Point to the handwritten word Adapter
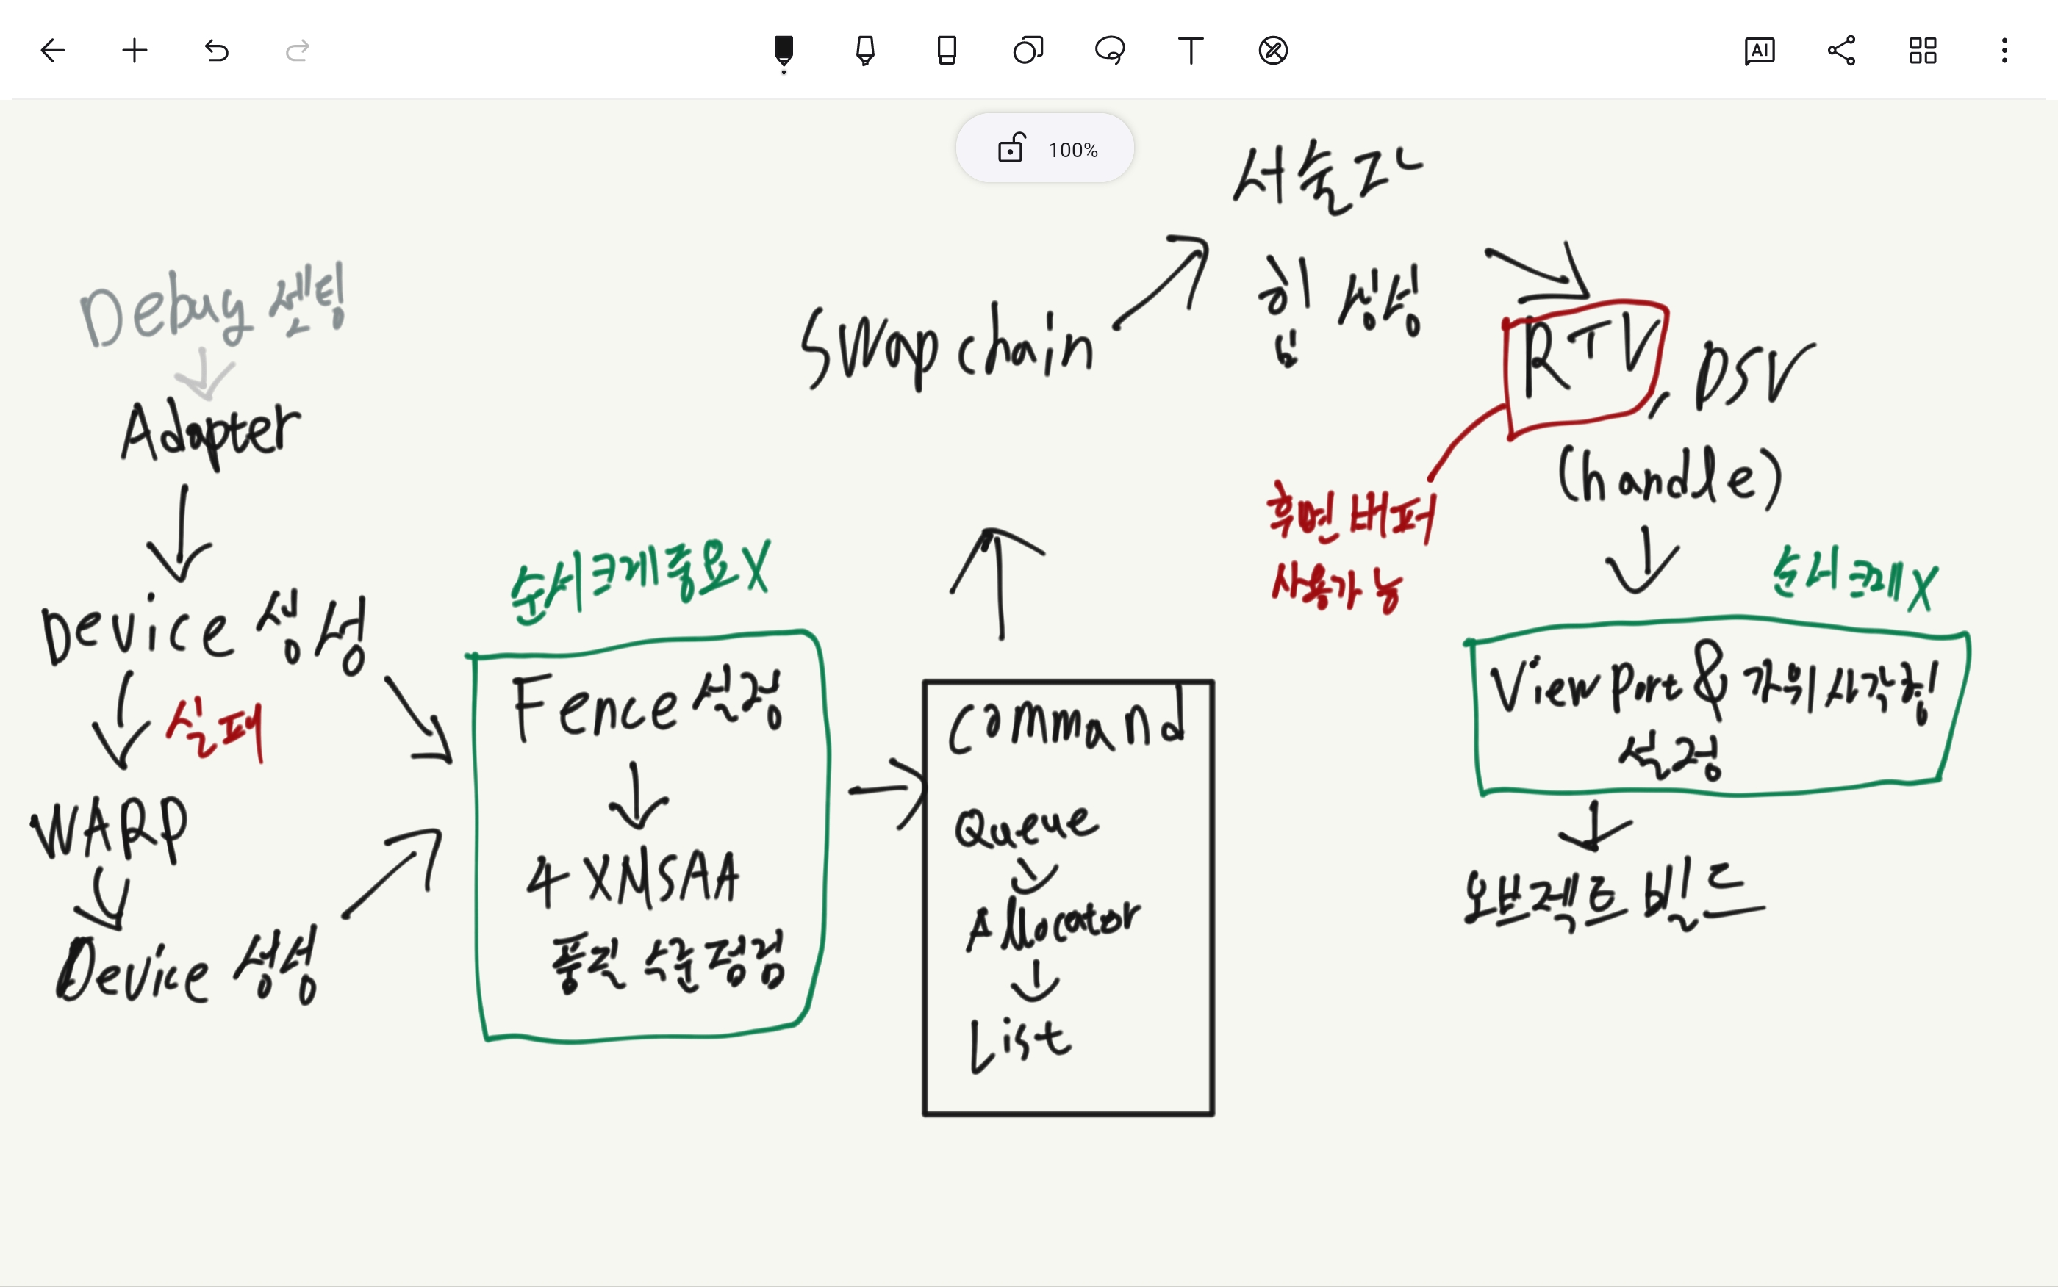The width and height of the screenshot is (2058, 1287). (210, 433)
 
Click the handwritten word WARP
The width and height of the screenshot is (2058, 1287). (109, 830)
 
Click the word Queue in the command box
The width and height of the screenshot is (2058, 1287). (1025, 826)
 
